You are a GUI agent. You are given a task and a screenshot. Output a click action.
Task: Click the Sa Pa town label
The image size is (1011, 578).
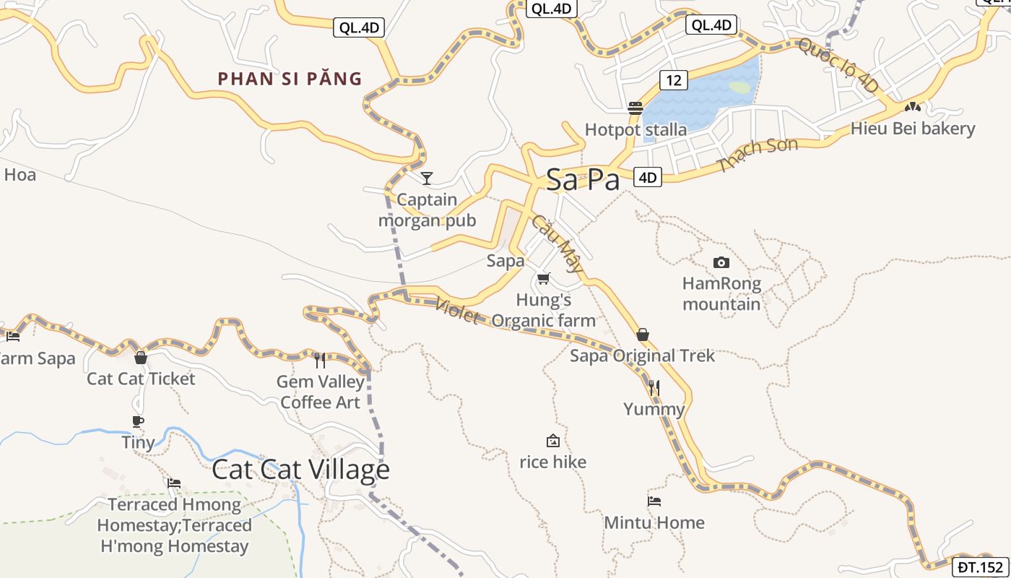point(582,180)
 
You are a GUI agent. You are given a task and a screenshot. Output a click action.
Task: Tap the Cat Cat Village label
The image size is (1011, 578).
point(300,470)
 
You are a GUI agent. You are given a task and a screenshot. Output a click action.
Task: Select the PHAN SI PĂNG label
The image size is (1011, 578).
point(290,79)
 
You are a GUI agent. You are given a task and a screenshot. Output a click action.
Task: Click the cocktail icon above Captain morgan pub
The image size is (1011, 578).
point(427,178)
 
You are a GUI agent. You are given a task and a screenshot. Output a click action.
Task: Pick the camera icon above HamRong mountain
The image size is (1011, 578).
point(721,262)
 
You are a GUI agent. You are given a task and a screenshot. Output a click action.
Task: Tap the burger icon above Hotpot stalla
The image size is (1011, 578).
point(635,108)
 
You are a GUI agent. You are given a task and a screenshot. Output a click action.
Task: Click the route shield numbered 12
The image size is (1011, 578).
point(673,80)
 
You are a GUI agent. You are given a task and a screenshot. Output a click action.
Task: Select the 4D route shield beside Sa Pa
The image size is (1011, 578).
point(648,177)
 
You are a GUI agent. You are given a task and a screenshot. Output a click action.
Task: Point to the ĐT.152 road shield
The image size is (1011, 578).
point(981,566)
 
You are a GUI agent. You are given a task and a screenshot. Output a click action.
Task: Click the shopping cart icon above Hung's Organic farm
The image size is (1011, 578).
point(544,278)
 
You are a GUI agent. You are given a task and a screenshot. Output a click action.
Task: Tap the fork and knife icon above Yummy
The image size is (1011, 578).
point(654,388)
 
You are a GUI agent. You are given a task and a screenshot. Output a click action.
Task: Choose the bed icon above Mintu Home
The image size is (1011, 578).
point(654,501)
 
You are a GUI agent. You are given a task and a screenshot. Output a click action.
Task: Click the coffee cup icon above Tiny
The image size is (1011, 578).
point(138,421)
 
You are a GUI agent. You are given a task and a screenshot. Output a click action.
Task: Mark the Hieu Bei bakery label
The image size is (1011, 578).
point(913,129)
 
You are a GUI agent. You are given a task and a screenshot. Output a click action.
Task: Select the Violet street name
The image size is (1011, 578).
point(456,311)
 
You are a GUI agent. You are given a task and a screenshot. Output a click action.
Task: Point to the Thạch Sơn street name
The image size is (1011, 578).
point(758,155)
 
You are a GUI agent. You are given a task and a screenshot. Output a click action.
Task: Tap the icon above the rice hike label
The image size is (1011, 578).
point(552,441)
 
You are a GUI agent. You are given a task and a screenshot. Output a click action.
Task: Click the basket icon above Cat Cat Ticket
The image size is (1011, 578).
point(141,358)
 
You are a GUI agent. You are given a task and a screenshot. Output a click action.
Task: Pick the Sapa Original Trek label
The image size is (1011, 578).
point(642,355)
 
